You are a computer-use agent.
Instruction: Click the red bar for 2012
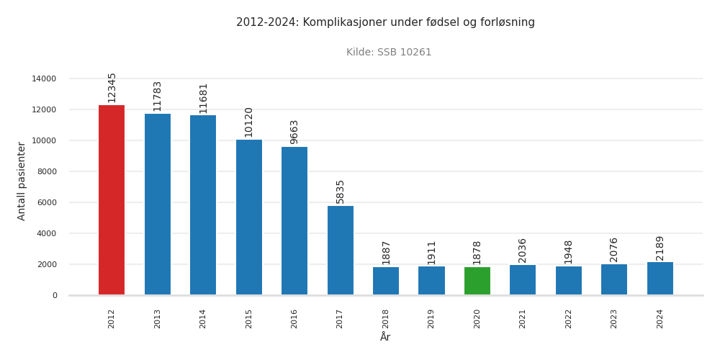(x=112, y=200)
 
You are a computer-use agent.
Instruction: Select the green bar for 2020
(x=477, y=281)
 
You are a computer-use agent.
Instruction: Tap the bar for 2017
(x=340, y=250)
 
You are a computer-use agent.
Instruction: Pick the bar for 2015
(x=248, y=217)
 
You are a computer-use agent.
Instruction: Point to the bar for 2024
(x=660, y=279)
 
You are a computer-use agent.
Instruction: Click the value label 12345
(x=112, y=87)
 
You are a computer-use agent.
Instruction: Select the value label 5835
(x=340, y=192)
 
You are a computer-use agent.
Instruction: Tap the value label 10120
(x=248, y=122)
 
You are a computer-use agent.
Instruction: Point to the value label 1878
(x=477, y=253)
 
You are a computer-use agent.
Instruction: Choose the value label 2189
(x=660, y=248)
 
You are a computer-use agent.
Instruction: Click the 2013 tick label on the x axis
(x=157, y=318)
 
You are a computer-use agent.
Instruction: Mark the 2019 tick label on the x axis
(x=431, y=318)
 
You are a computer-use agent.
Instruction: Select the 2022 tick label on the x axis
(x=568, y=318)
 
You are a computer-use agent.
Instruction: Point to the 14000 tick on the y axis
(x=44, y=78)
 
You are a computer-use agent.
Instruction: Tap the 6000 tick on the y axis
(x=46, y=202)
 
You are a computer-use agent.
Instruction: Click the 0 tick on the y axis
(x=55, y=295)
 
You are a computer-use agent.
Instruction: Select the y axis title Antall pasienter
(x=22, y=181)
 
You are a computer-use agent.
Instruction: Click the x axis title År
(x=385, y=337)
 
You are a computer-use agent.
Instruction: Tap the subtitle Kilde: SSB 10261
(x=389, y=53)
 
